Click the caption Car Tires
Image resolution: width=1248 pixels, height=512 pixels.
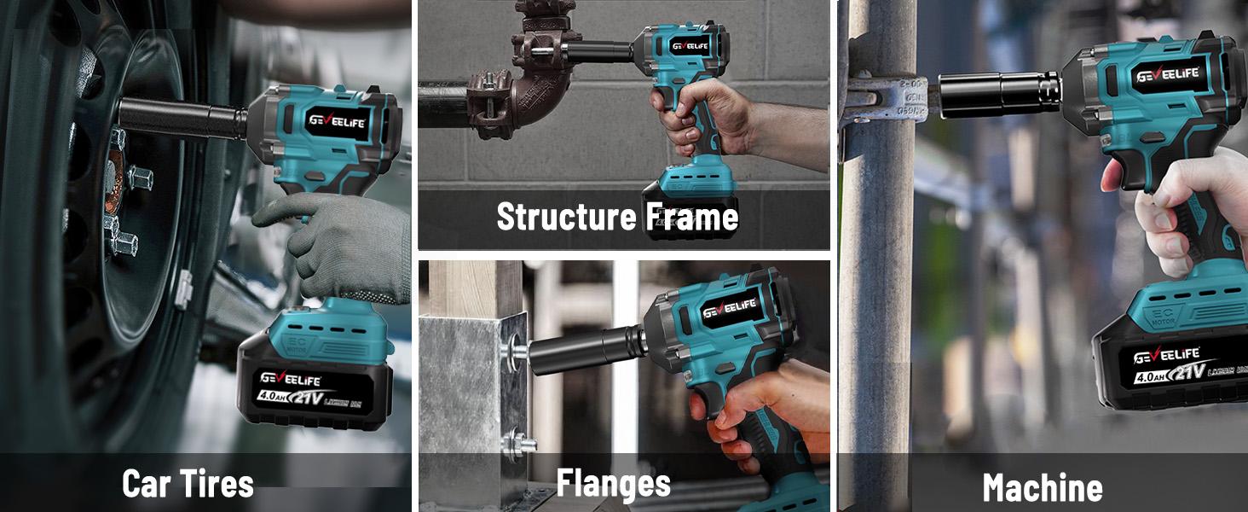[x=188, y=484]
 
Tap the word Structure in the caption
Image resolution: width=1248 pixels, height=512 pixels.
[x=555, y=216]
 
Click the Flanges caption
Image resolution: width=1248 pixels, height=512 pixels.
[x=614, y=483]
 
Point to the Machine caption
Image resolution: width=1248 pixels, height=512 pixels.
[x=1042, y=488]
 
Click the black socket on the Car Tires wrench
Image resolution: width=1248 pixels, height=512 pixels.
[x=182, y=118]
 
